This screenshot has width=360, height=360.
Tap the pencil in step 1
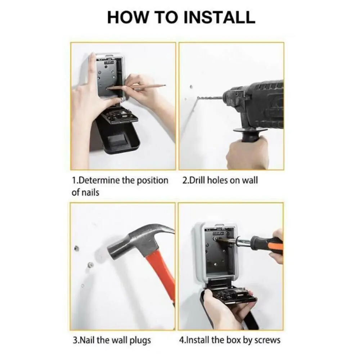pos(136,87)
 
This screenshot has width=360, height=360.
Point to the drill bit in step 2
pos(210,98)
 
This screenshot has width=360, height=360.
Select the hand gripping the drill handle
pos(248,152)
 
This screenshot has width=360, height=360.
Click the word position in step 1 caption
pos(152,180)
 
